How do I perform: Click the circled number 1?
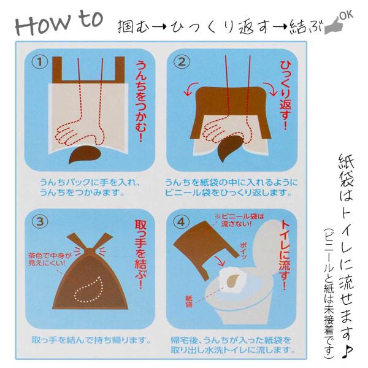click(39, 62)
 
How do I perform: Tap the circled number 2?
click(182, 62)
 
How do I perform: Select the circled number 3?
click(40, 221)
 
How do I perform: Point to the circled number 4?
click(181, 221)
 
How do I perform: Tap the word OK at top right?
click(347, 15)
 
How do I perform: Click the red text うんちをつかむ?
click(141, 101)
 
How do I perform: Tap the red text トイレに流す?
click(285, 255)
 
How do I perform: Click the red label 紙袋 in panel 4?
click(189, 302)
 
